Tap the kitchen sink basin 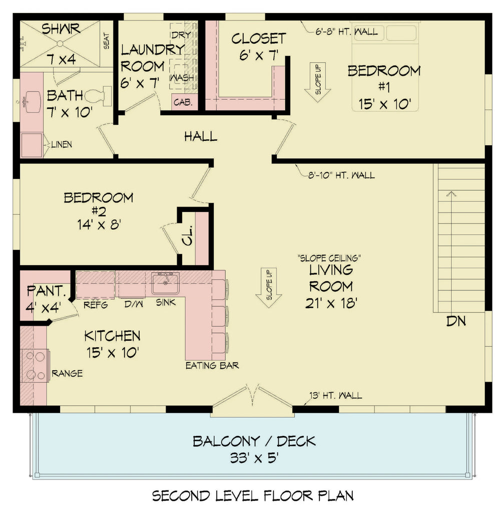tap(165, 286)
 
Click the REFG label tap(95, 305)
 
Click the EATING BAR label tap(212, 365)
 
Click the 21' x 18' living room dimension tap(330, 303)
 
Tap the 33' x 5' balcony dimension tap(254, 458)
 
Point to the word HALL tap(200, 136)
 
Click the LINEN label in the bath tap(61, 145)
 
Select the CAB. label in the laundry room tap(180, 102)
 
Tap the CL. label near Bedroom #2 tap(187, 240)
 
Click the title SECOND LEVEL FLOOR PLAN tap(253, 496)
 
